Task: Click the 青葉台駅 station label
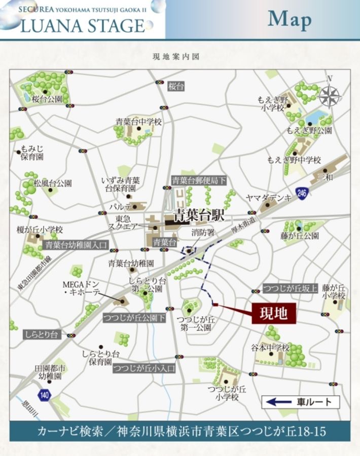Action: click(198, 215)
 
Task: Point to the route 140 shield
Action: click(45, 395)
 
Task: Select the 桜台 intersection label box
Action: click(176, 86)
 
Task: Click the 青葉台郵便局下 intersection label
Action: click(199, 180)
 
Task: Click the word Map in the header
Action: click(290, 19)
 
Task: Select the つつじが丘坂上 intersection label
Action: click(290, 289)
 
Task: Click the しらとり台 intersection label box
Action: click(42, 334)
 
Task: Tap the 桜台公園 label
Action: click(47, 99)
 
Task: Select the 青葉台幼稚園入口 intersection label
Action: click(77, 245)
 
